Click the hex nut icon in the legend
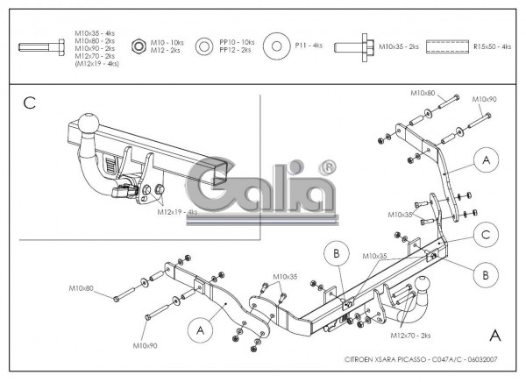pos(138,45)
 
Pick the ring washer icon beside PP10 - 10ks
pos(203,46)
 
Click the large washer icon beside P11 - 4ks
pos(275,45)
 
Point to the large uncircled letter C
pos(29,103)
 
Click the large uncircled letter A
pos(495,334)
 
